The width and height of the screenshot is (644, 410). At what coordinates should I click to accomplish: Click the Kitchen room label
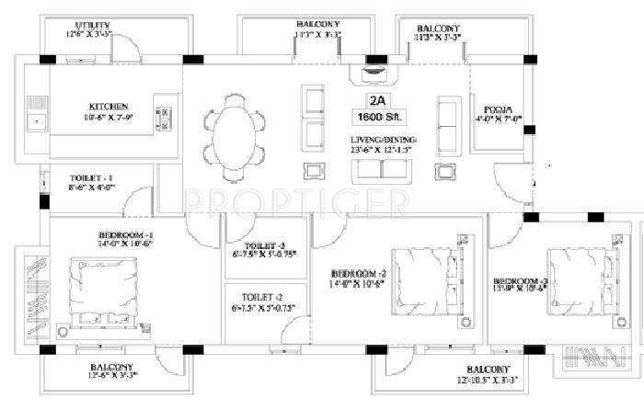(x=109, y=107)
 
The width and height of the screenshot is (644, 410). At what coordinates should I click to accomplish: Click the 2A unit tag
(x=377, y=99)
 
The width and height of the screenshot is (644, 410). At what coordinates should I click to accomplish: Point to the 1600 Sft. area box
(x=377, y=117)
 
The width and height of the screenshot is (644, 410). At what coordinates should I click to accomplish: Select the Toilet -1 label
(x=91, y=177)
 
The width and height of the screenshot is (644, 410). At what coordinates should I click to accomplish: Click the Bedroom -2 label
(x=357, y=275)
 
